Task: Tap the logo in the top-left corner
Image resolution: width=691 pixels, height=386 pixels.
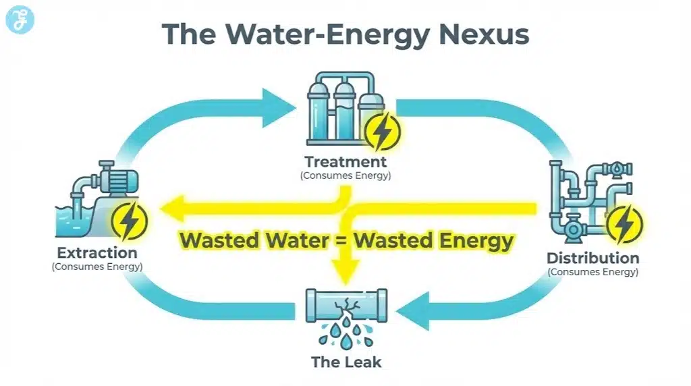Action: click(19, 20)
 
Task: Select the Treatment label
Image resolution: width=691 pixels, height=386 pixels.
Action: click(345, 162)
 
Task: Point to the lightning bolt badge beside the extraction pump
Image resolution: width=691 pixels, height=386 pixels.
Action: click(130, 220)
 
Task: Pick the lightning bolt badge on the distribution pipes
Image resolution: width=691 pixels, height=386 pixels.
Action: click(624, 223)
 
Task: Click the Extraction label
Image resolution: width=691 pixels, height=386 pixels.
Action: click(97, 253)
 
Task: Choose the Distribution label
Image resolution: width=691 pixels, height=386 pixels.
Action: click(592, 258)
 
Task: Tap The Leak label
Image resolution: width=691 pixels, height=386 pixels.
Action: click(346, 362)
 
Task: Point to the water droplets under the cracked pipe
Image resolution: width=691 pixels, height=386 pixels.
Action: click(345, 335)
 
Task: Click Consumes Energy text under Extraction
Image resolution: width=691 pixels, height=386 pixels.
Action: click(97, 267)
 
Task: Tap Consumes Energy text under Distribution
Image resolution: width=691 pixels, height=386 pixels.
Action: click(592, 272)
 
